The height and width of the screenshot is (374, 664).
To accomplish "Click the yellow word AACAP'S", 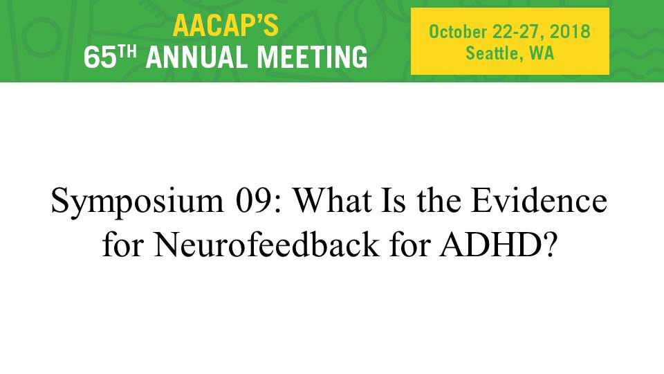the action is [x=225, y=25].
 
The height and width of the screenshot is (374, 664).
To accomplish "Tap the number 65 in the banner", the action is [x=100, y=57].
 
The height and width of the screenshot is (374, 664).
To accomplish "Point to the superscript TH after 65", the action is [x=127, y=52].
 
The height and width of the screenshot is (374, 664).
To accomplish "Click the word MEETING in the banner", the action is [x=313, y=57].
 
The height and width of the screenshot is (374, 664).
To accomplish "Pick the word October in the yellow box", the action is [x=458, y=32].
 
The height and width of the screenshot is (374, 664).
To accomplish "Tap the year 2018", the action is [x=570, y=32].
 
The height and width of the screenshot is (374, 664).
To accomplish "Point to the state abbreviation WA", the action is [x=542, y=53].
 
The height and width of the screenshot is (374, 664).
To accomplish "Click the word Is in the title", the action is [x=394, y=200].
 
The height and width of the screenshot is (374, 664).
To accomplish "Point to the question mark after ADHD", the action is [x=548, y=244].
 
